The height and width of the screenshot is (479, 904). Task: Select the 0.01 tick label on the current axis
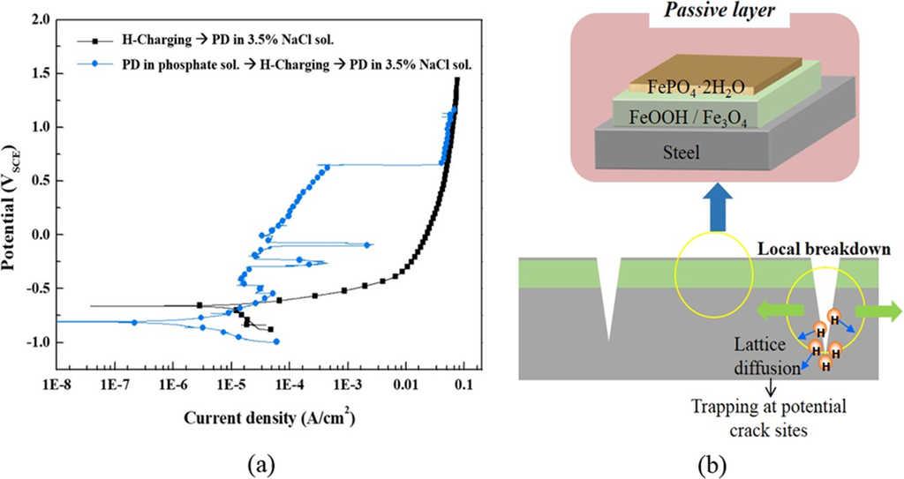405,385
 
